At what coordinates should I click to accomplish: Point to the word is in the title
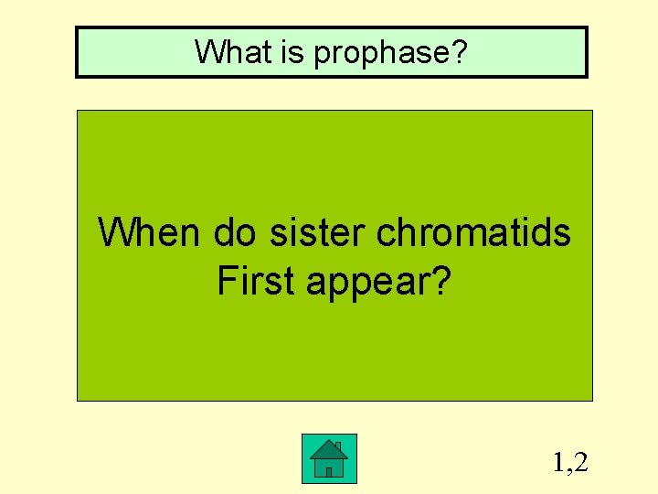289,51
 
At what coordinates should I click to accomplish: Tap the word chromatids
473,233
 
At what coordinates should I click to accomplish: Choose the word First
256,281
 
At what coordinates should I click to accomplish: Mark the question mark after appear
441,281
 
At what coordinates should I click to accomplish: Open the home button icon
329,458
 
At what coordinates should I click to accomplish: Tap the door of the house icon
329,472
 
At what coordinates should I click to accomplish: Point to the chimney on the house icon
338,446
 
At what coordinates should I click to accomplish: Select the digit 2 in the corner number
581,463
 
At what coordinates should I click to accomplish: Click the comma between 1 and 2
569,470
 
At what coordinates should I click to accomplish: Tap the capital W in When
116,233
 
